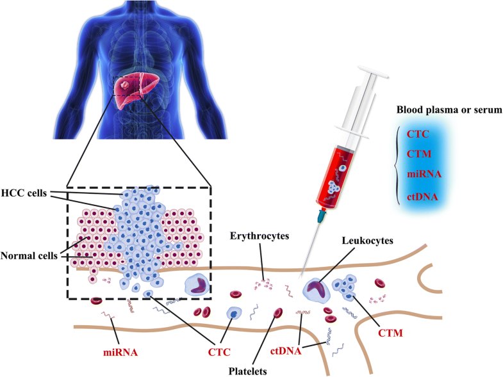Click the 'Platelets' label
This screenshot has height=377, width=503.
pos(248,369)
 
